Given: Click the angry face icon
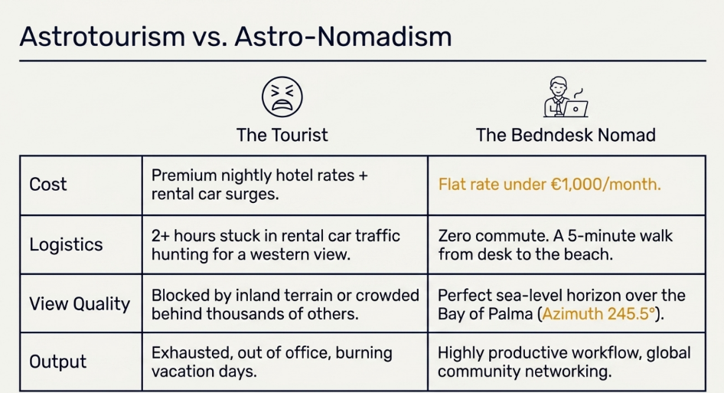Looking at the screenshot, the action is (282, 97).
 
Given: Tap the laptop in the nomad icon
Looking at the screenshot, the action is (576, 109).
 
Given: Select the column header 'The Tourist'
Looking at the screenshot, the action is (282, 135).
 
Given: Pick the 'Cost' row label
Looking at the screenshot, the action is (48, 185).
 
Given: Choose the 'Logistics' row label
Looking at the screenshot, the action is (66, 244).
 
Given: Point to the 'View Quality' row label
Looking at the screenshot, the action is (80, 304).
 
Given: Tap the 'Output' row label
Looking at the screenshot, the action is (57, 362).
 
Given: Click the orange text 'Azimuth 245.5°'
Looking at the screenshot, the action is (598, 314).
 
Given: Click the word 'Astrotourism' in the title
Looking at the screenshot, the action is (102, 36).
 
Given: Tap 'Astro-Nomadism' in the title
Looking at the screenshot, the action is (343, 36).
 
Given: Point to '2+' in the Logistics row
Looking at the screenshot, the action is (160, 236).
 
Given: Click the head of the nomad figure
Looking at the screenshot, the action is (558, 86).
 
